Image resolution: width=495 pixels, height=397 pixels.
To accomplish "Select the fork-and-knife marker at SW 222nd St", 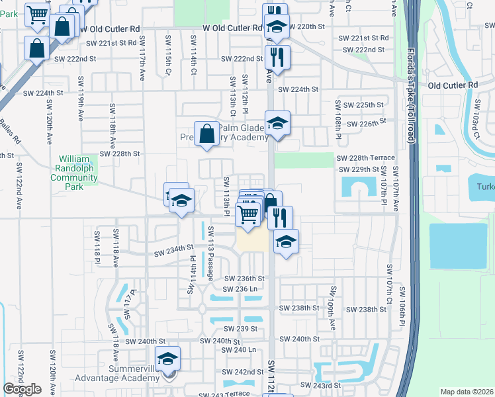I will [x=277, y=56].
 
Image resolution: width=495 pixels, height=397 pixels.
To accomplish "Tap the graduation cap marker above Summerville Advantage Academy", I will [x=168, y=358].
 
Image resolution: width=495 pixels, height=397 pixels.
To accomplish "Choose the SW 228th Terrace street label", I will [x=365, y=158].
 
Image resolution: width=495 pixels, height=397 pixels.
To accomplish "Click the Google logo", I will [x=22, y=389].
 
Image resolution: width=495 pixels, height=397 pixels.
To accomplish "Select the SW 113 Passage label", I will [x=210, y=253].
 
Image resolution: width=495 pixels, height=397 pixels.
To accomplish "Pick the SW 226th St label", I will [x=369, y=123].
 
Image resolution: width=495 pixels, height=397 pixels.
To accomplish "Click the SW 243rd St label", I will [x=320, y=384].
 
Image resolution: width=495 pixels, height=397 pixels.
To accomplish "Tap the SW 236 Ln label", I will [x=240, y=289].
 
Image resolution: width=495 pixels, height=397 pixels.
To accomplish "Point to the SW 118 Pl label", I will [x=97, y=243].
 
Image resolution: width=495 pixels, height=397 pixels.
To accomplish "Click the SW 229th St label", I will [x=357, y=170].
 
